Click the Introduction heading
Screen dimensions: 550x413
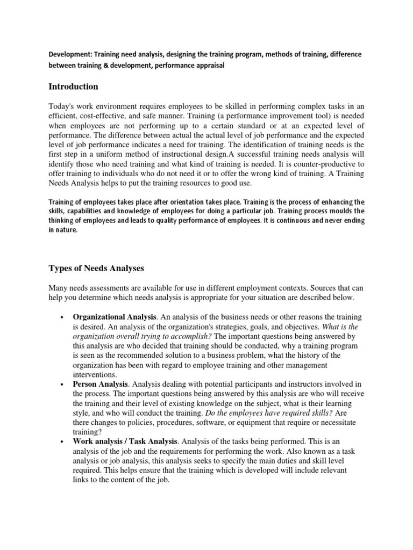[x=73, y=86]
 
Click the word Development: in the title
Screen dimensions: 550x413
[x=70, y=55]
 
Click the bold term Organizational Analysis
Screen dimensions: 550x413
[x=114, y=317]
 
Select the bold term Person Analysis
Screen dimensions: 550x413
[x=101, y=385]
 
